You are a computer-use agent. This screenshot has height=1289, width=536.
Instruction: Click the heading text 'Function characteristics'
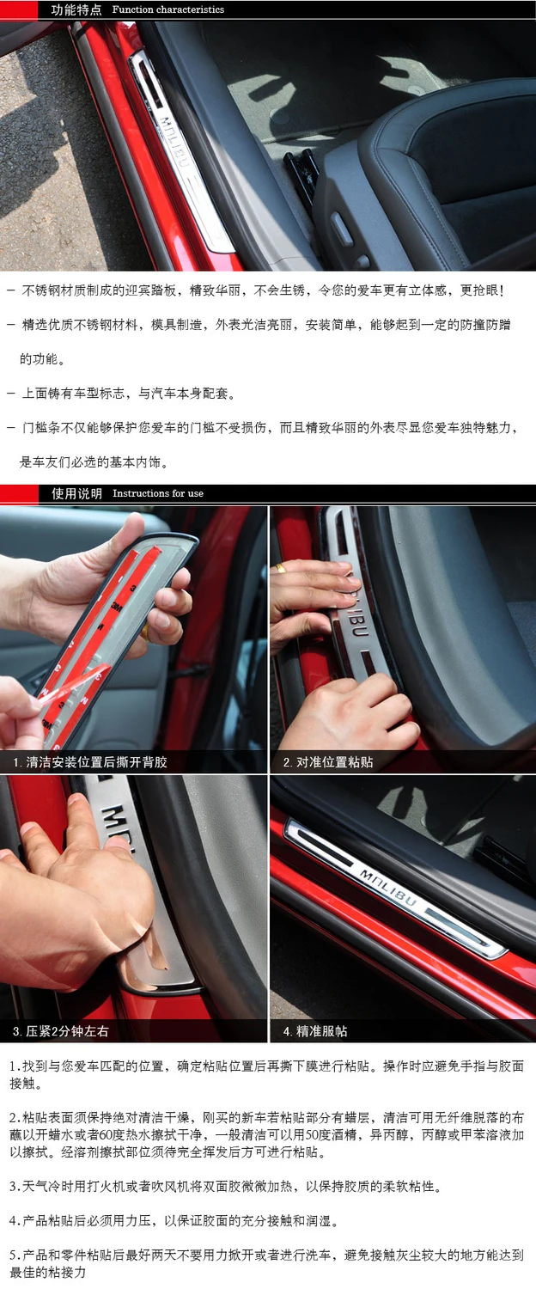168,9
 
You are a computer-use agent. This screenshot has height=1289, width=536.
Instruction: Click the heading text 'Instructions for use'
158,493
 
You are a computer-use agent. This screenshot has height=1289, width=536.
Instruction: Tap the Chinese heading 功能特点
76,9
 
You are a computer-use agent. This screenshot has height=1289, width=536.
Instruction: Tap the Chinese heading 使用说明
76,493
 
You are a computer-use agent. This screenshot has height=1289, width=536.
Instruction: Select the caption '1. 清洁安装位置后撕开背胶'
90,762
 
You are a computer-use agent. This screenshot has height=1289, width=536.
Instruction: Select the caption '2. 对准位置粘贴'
328,762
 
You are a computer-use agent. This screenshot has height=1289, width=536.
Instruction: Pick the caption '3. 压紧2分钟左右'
61,1031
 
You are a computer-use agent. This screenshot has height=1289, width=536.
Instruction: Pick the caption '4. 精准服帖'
315,1031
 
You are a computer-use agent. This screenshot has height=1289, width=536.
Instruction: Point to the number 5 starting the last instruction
13,1255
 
